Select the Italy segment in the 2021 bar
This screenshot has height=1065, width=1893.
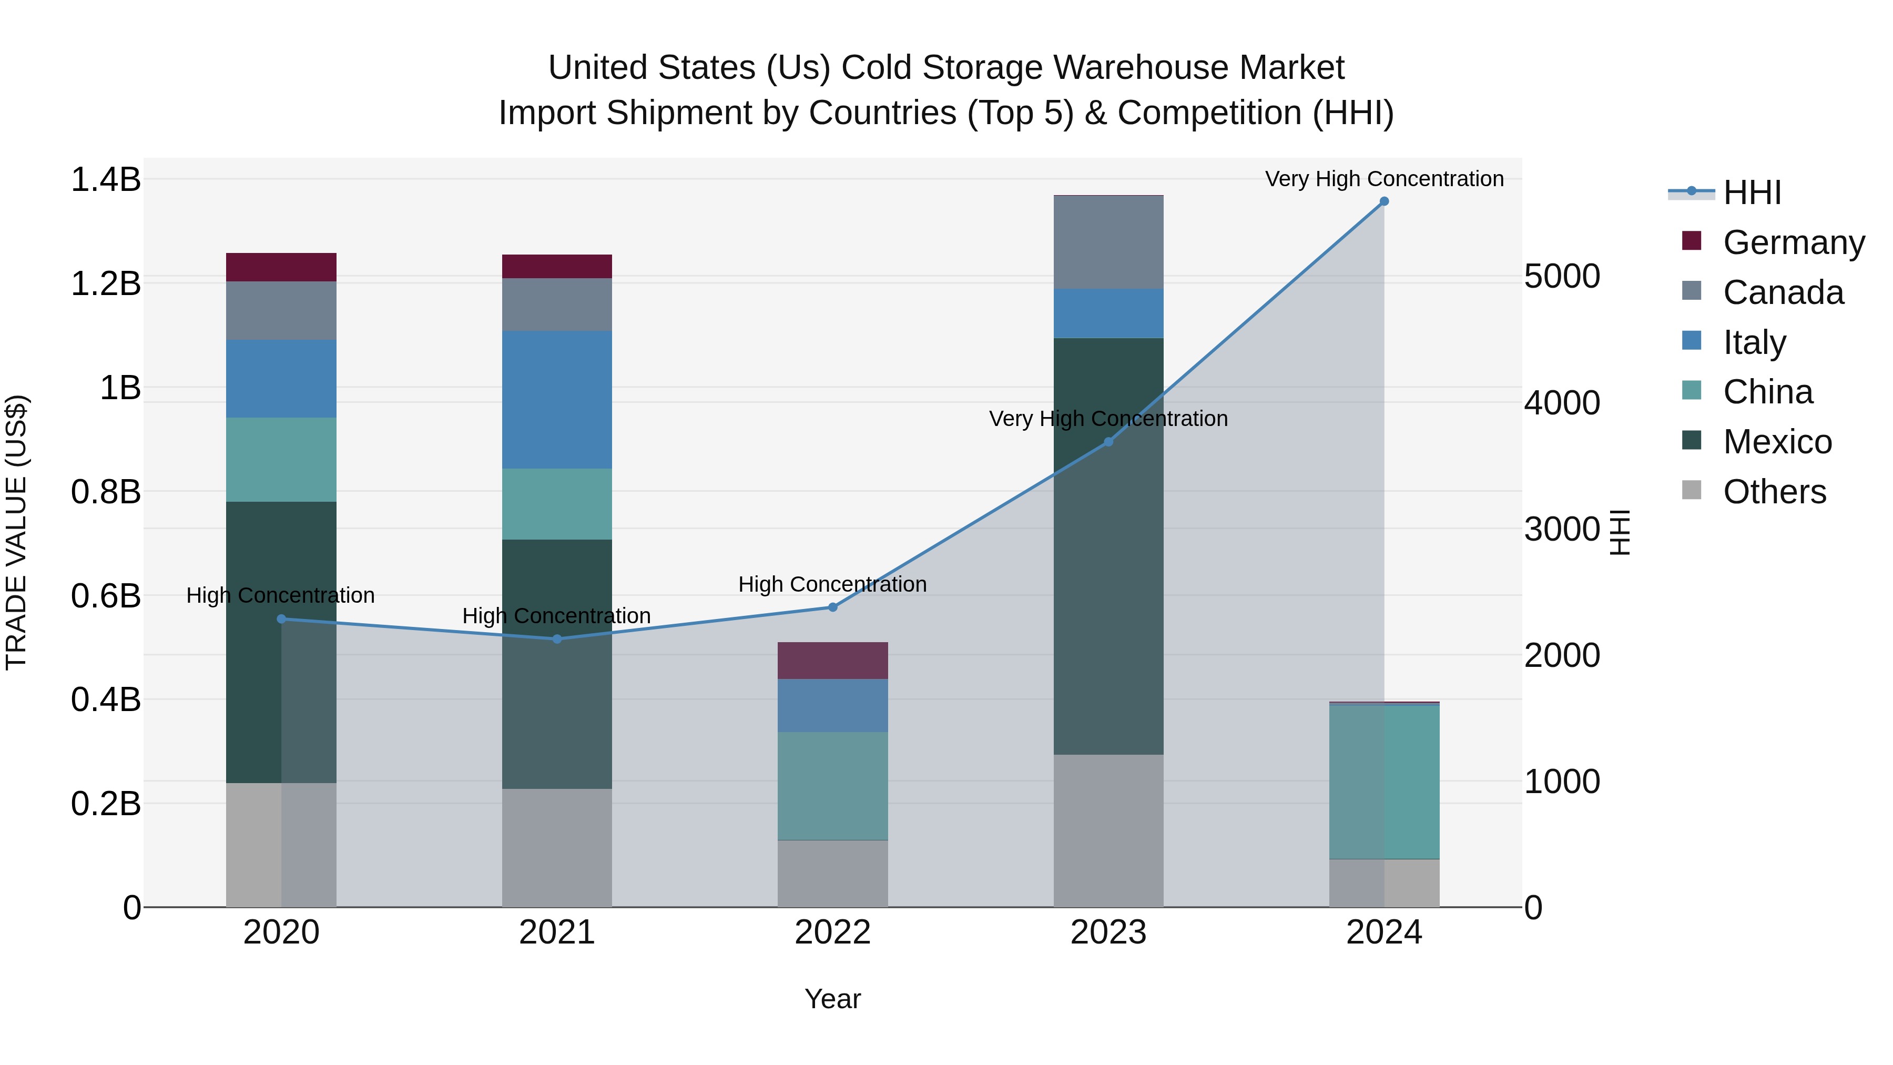click(556, 399)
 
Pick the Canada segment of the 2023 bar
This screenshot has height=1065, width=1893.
click(1108, 242)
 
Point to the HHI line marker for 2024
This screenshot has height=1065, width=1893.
click(1384, 201)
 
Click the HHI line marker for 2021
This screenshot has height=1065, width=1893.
click(556, 638)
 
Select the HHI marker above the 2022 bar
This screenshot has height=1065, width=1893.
click(832, 607)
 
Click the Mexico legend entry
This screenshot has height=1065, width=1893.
click(1776, 442)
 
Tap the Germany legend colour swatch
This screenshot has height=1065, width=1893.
click(1691, 241)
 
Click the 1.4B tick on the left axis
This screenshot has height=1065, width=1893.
click(105, 180)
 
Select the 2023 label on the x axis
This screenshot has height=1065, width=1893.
click(1107, 932)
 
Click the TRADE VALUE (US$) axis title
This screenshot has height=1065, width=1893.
click(16, 532)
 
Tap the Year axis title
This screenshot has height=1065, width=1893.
click(832, 999)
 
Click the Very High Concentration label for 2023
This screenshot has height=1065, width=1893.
click(1107, 419)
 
